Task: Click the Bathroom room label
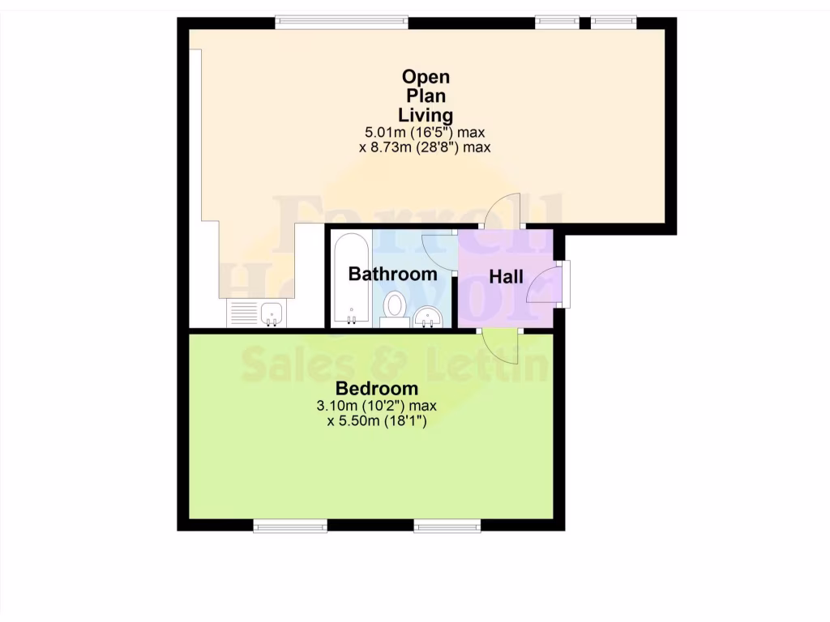[392, 274]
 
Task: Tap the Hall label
[506, 277]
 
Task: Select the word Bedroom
[377, 388]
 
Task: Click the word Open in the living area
[426, 77]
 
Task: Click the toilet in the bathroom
[396, 306]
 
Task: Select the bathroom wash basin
[427, 317]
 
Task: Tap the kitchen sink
[271, 313]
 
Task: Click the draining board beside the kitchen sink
[242, 313]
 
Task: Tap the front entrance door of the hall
[545, 283]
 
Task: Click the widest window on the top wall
[340, 23]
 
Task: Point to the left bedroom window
[290, 526]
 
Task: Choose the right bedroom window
[447, 526]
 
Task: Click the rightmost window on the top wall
[613, 23]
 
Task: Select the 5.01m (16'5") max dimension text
[426, 132]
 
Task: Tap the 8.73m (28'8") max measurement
[426, 147]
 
